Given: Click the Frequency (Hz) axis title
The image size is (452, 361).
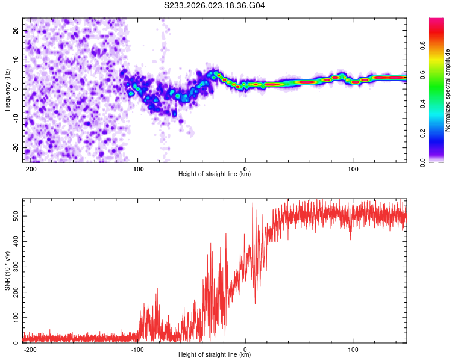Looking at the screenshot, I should tap(7, 90).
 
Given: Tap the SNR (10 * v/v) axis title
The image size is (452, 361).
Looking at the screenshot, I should tap(7, 271).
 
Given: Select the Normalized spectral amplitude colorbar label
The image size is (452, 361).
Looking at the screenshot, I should tap(448, 90).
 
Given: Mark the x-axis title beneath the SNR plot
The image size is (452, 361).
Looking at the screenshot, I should tap(215, 355).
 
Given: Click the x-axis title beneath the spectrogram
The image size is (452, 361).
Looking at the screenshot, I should tap(215, 174).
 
